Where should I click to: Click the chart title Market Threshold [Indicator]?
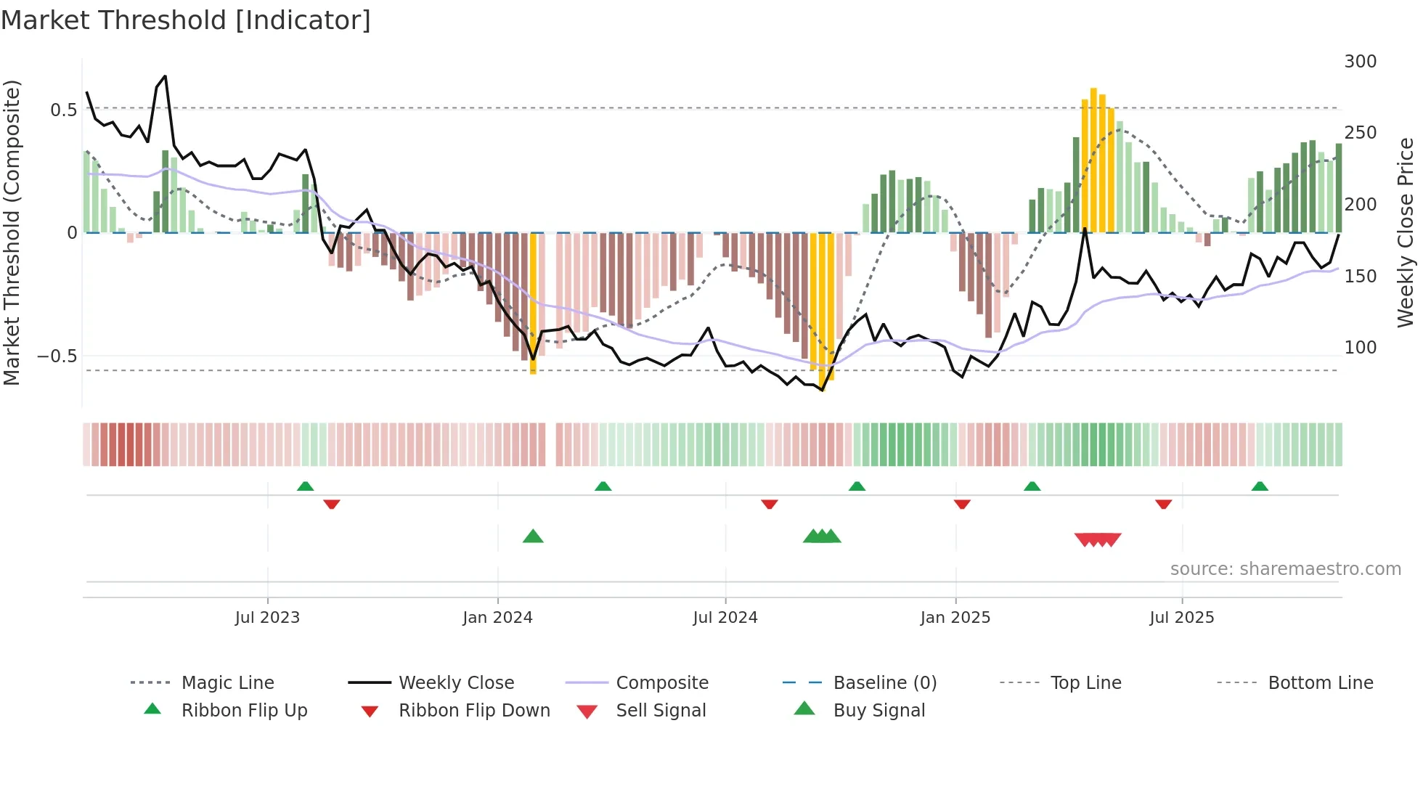(x=186, y=20)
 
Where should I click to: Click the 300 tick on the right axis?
(x=1360, y=62)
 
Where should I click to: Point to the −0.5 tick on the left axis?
(x=57, y=356)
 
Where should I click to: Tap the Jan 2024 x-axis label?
(x=497, y=618)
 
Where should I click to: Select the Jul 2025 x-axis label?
(x=1181, y=618)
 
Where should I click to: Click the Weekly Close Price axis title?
(x=1406, y=232)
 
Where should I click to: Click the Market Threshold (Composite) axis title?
(x=12, y=232)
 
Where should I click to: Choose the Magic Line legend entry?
(x=227, y=683)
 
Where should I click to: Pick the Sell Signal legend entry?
(x=660, y=711)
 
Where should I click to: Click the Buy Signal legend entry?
(x=878, y=711)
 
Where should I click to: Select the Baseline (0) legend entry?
(x=884, y=683)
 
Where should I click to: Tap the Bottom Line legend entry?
(x=1320, y=683)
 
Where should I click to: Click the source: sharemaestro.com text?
(x=1285, y=569)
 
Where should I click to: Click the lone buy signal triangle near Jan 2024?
(x=533, y=536)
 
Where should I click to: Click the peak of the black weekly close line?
(x=165, y=76)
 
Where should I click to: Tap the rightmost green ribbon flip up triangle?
(x=1260, y=486)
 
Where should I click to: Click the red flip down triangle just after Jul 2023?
(x=332, y=504)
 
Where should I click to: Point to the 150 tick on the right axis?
(x=1360, y=277)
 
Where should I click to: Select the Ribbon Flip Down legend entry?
(x=473, y=711)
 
